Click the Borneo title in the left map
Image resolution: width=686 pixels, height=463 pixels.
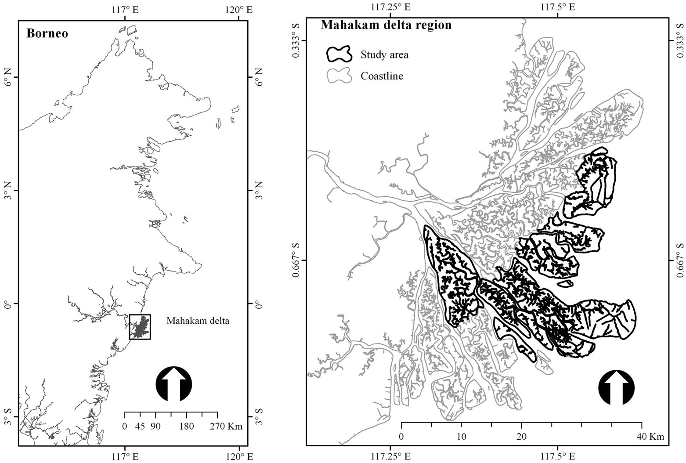coord(47,33)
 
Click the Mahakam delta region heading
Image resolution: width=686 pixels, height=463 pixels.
coord(386,25)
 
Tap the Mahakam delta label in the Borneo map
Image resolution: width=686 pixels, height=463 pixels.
coord(198,321)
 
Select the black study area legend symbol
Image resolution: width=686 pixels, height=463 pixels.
coord(339,54)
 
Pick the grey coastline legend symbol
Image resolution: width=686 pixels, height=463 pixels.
coord(339,76)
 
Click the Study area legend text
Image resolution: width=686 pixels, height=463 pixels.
coord(384,54)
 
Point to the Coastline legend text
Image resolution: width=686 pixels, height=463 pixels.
coord(382,76)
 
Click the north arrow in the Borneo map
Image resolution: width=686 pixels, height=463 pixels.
coord(174,384)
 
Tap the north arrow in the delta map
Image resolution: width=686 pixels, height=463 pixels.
coord(616,387)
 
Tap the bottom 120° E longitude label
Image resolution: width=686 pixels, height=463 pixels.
coord(238,456)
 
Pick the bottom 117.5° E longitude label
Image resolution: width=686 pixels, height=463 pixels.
coord(558,456)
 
